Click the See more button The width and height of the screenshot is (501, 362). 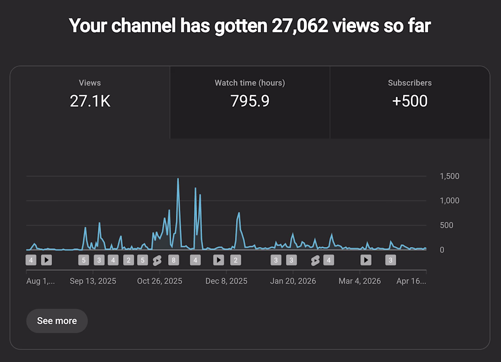tap(57, 321)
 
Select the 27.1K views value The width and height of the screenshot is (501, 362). tap(90, 101)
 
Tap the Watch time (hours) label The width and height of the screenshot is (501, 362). tap(250, 83)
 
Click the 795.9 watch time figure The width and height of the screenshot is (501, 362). tap(250, 101)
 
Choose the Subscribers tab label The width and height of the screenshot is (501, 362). tap(409, 83)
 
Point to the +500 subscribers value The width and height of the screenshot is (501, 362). tap(409, 101)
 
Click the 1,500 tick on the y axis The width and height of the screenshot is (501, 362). tap(449, 176)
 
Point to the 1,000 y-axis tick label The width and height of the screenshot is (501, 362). tap(449, 201)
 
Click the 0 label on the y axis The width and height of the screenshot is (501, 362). tap(442, 250)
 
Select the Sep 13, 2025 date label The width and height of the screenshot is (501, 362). tap(93, 281)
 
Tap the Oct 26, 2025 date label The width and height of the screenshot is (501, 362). tap(159, 281)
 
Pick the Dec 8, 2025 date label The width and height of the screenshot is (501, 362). tap(226, 281)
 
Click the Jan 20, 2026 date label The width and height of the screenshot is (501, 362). tap(293, 281)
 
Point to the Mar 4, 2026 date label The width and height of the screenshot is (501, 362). tap(360, 281)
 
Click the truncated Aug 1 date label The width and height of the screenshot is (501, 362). tap(41, 281)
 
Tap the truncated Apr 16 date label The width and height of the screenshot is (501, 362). tap(411, 281)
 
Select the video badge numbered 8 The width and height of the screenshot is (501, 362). tap(173, 260)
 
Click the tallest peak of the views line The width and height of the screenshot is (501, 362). tap(178, 179)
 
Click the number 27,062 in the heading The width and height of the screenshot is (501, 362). tap(299, 26)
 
